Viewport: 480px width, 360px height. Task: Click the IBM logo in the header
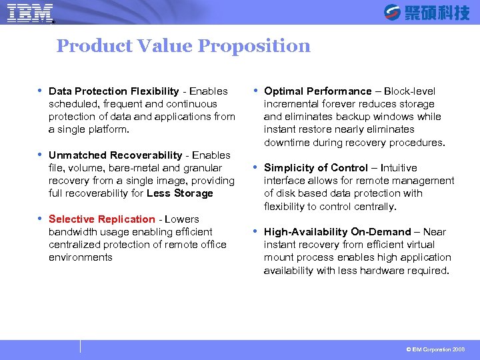(30, 12)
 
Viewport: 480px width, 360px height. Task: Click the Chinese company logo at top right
(427, 12)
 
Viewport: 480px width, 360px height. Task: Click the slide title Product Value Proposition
(183, 46)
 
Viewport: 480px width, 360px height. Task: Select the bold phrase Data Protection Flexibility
(113, 91)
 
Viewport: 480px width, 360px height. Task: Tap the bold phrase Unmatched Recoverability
(115, 155)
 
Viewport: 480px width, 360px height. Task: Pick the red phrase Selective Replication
(101, 219)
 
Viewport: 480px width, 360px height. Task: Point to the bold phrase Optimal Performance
(317, 91)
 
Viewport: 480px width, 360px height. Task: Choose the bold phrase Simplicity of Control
(315, 168)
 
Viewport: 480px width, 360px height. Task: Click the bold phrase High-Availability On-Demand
(337, 232)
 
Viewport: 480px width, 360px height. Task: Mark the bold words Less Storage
(180, 193)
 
